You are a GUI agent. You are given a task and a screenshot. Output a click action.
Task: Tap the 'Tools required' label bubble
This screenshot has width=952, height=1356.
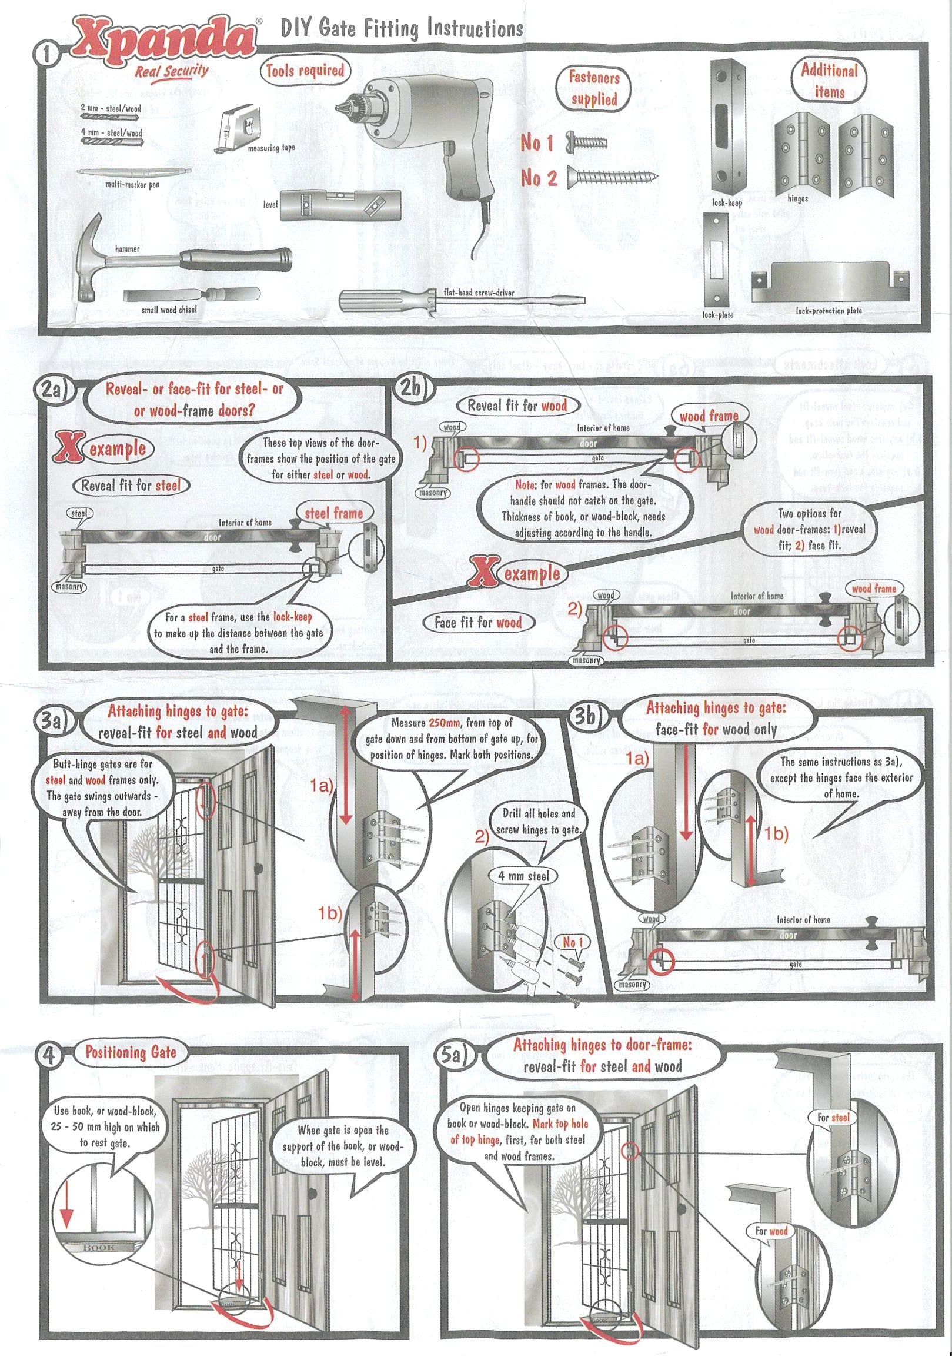tap(305, 71)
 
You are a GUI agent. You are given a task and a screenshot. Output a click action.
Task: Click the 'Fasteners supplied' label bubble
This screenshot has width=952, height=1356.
tap(594, 88)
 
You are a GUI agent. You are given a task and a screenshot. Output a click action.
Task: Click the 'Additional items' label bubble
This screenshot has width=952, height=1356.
tap(830, 81)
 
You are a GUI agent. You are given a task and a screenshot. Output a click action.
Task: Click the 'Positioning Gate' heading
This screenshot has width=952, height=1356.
tap(131, 1052)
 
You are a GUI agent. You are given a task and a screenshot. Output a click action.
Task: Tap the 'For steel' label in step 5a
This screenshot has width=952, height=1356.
tap(833, 1117)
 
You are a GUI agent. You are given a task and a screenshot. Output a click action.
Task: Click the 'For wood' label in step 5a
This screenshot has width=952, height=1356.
tap(771, 1231)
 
